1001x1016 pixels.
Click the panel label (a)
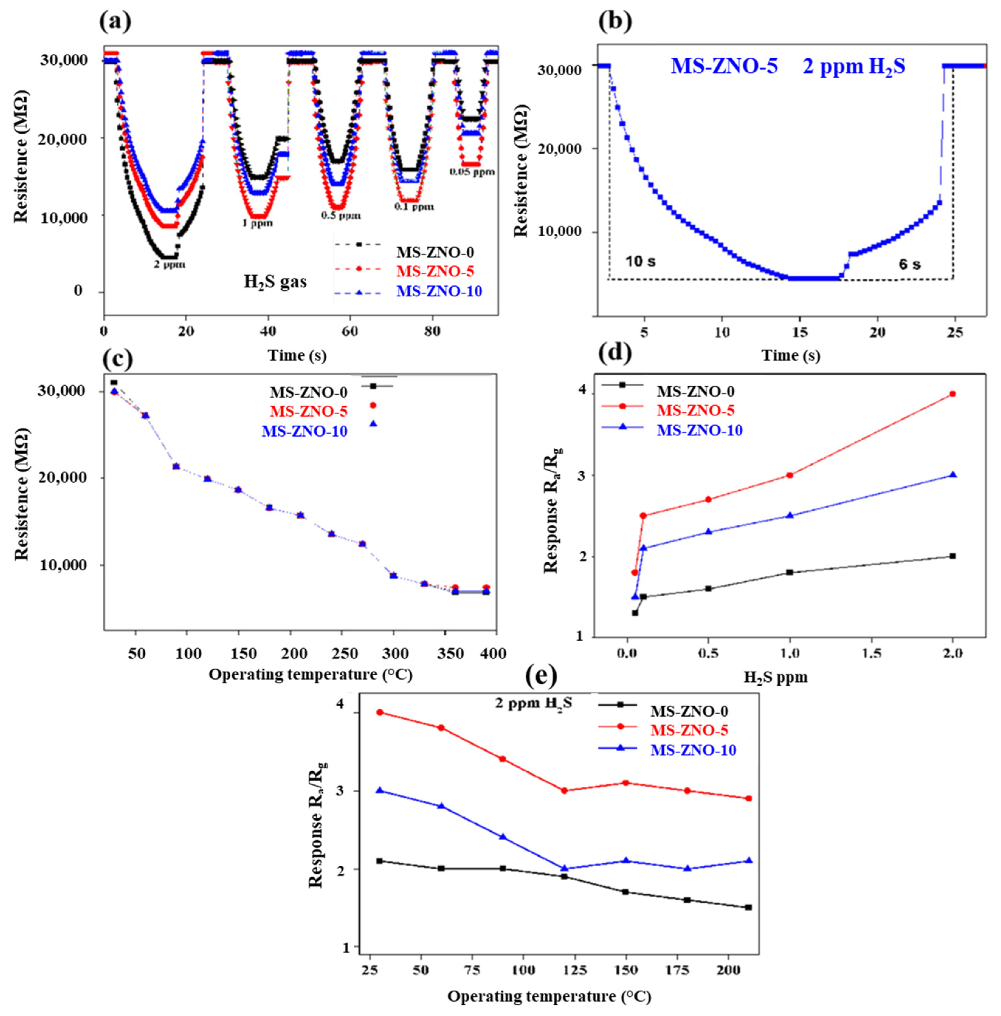click(x=115, y=22)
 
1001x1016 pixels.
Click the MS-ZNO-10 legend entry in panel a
click(x=439, y=291)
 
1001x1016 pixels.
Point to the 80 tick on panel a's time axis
click(x=432, y=332)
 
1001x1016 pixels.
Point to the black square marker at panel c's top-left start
click(x=114, y=383)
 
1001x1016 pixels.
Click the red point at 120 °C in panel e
click(x=564, y=805)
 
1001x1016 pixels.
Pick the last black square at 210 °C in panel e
click(x=748, y=907)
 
